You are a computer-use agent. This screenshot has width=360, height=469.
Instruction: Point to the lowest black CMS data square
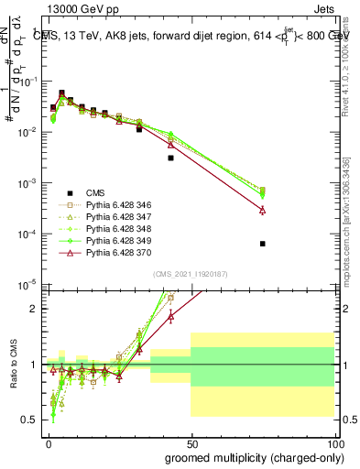[x=263, y=244]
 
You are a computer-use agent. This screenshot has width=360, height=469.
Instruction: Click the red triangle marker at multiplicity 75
[x=263, y=210]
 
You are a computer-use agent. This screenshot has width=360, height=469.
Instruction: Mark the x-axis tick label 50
[x=191, y=444]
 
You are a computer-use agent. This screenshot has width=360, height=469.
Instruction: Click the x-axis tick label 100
[x=332, y=444]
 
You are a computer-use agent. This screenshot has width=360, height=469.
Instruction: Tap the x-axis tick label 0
[x=49, y=444]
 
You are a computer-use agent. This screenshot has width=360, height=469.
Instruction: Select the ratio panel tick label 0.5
[x=33, y=420]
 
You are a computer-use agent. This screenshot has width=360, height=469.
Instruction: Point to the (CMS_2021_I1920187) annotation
[x=191, y=274]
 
